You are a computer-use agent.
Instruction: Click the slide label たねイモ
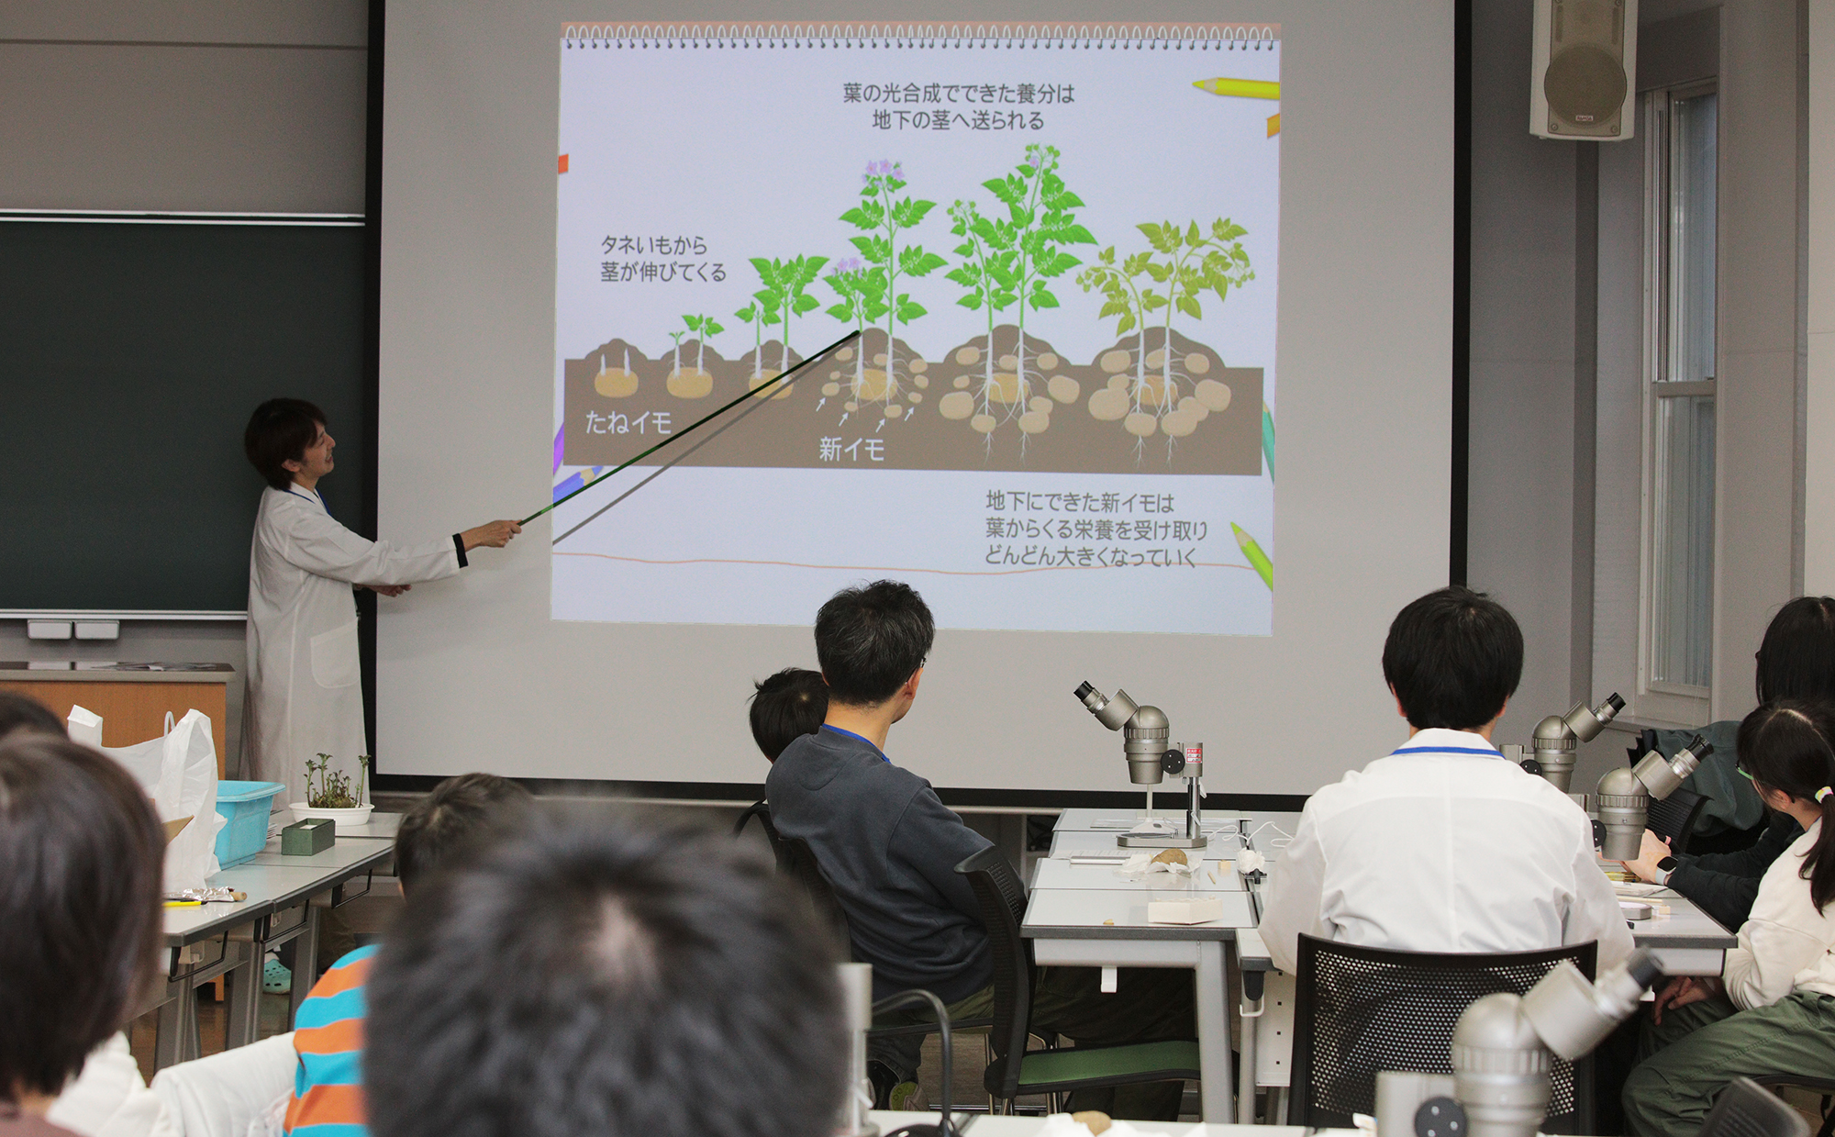[x=628, y=423]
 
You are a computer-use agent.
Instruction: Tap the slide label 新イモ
[x=851, y=449]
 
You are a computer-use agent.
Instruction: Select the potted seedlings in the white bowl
[x=332, y=790]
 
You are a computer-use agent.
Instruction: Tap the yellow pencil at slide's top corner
[x=1235, y=88]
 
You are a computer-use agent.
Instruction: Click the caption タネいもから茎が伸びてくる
[x=662, y=259]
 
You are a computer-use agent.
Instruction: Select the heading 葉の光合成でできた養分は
[x=958, y=93]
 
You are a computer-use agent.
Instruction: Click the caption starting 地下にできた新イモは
[x=1095, y=529]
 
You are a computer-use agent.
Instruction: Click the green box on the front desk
[x=307, y=837]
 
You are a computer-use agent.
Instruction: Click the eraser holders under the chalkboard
[x=73, y=630]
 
